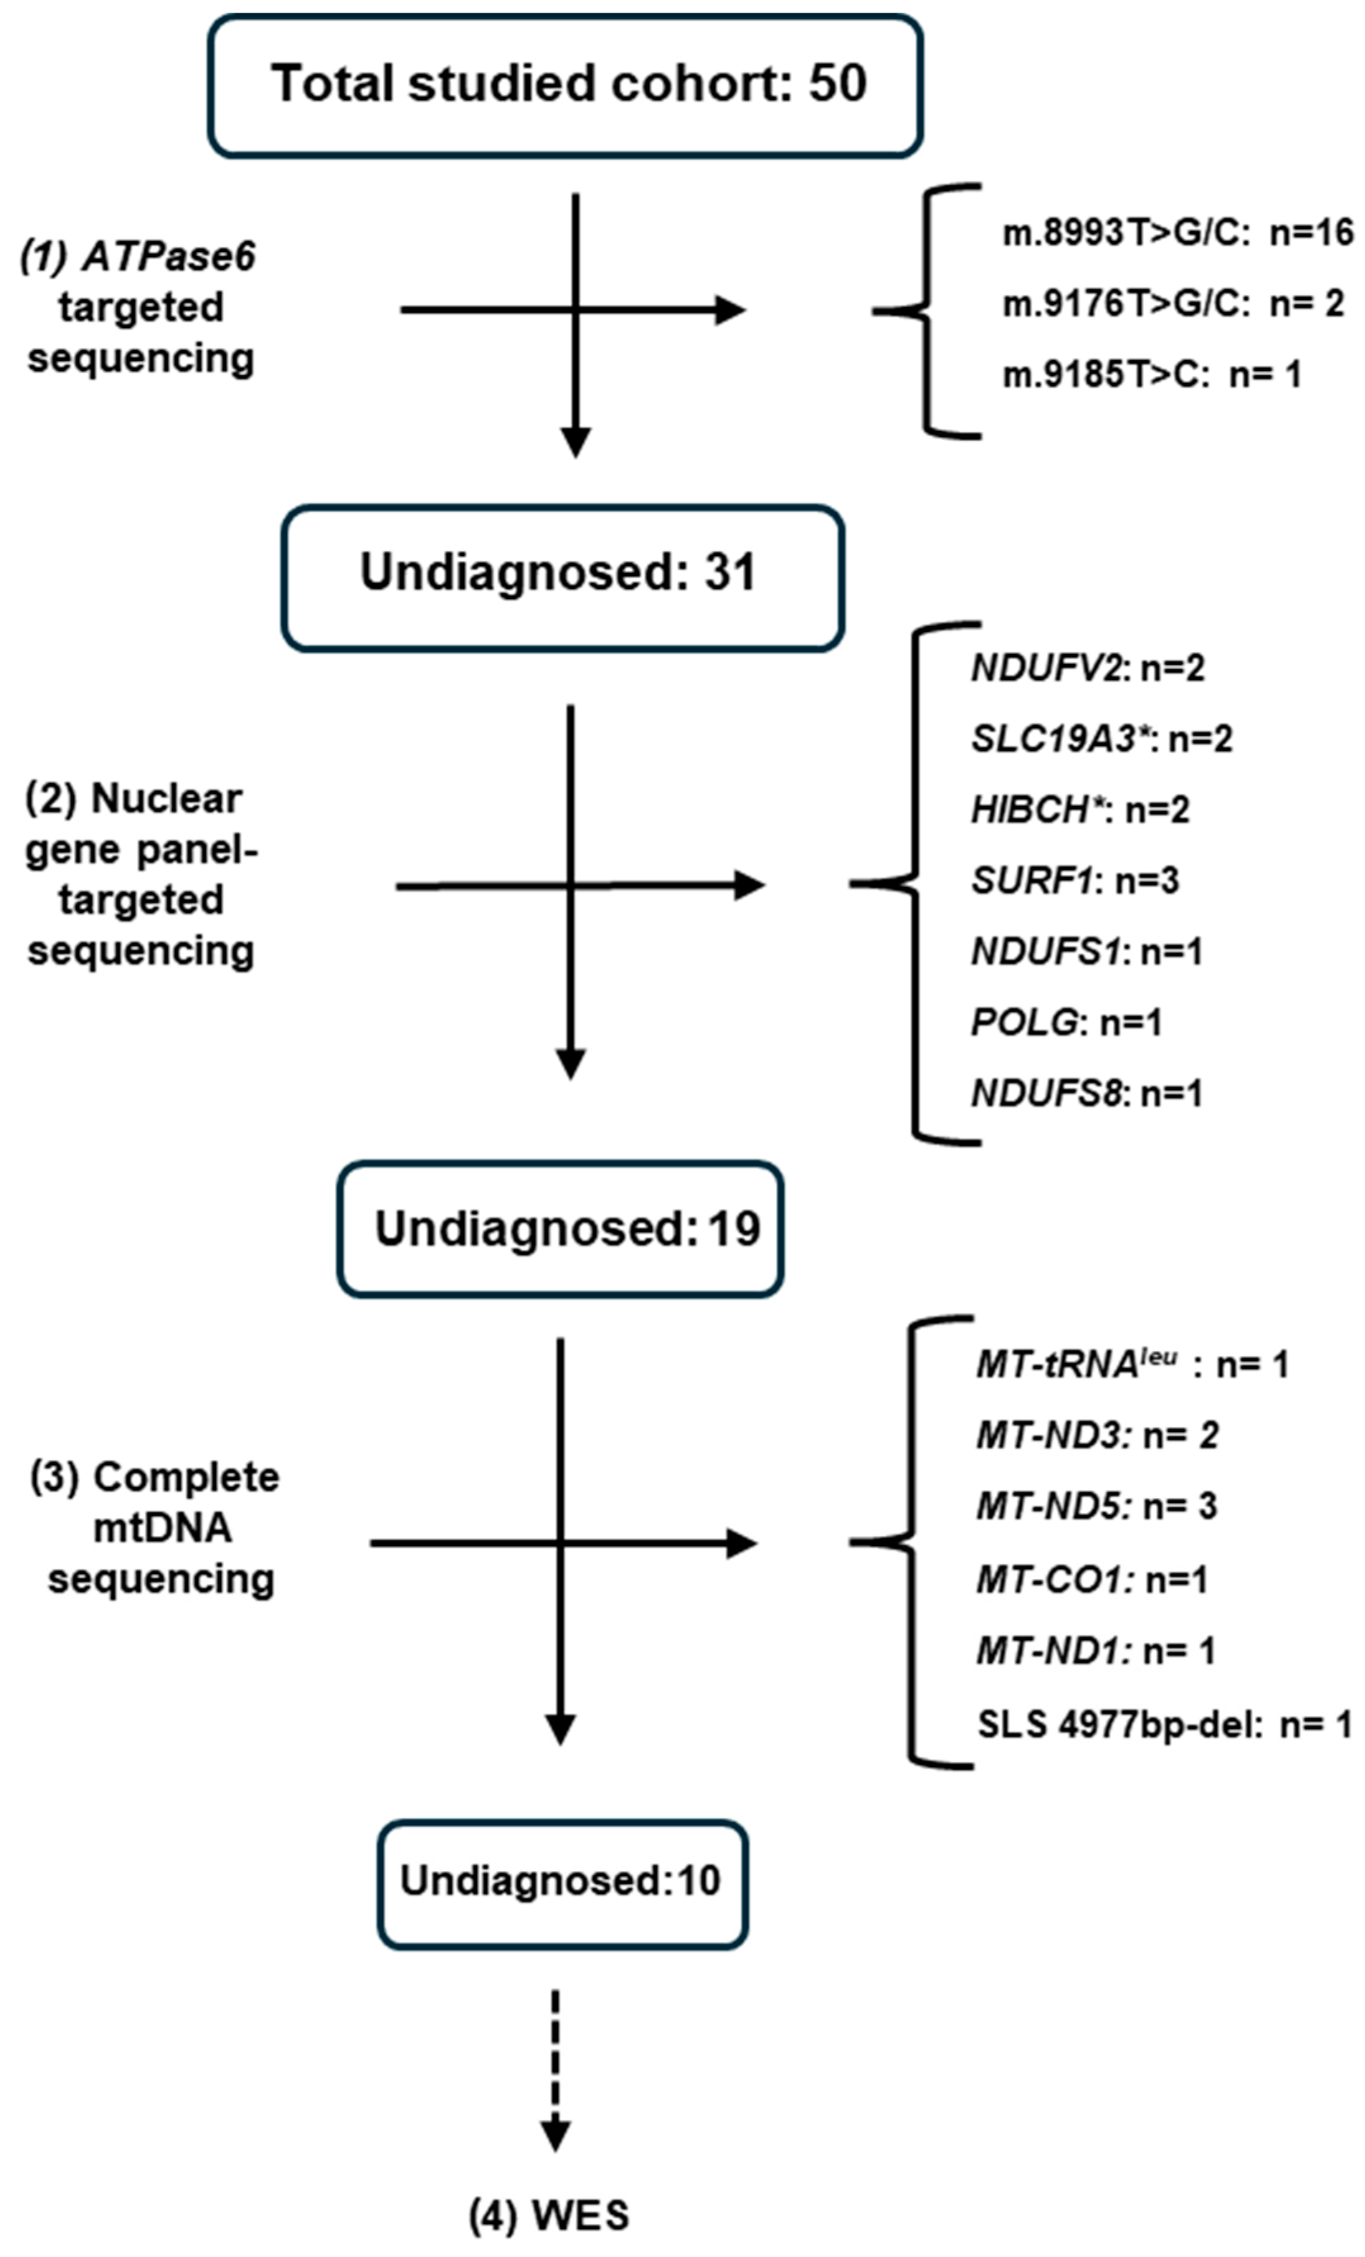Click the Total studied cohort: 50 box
point(565,85)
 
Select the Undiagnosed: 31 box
point(562,577)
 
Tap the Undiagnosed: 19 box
point(560,1228)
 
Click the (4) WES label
point(550,2215)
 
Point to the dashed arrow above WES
point(555,2068)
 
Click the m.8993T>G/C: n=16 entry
point(1178,232)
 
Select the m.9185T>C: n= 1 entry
point(1152,374)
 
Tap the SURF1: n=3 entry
point(1075,881)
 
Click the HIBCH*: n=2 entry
point(1080,810)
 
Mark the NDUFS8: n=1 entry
point(1086,1093)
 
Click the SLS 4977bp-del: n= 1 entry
point(1164,1725)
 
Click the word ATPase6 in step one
point(170,257)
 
